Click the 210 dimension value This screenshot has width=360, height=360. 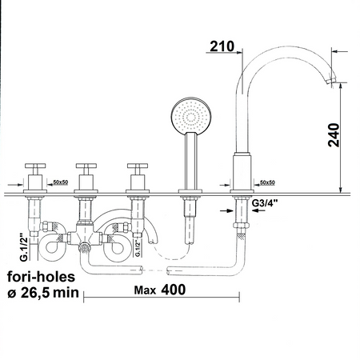[x=222, y=46]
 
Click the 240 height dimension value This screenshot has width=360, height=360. [x=334, y=135]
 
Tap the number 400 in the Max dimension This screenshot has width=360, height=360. [x=174, y=290]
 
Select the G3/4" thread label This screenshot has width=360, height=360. [x=265, y=203]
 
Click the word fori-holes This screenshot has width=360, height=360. [x=42, y=277]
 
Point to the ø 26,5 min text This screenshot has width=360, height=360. [x=43, y=293]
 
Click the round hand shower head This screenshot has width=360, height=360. [x=191, y=116]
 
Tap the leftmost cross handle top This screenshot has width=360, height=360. [x=35, y=166]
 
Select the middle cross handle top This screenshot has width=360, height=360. [x=86, y=166]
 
